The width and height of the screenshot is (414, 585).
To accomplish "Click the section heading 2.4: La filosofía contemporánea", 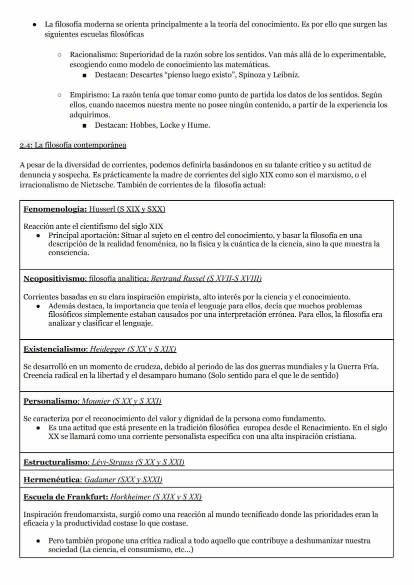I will [x=73, y=145].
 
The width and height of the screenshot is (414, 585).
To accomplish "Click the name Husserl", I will [x=103, y=209].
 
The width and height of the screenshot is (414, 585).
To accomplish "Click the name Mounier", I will [x=96, y=401].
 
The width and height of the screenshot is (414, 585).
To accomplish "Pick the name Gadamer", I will [x=99, y=479].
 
